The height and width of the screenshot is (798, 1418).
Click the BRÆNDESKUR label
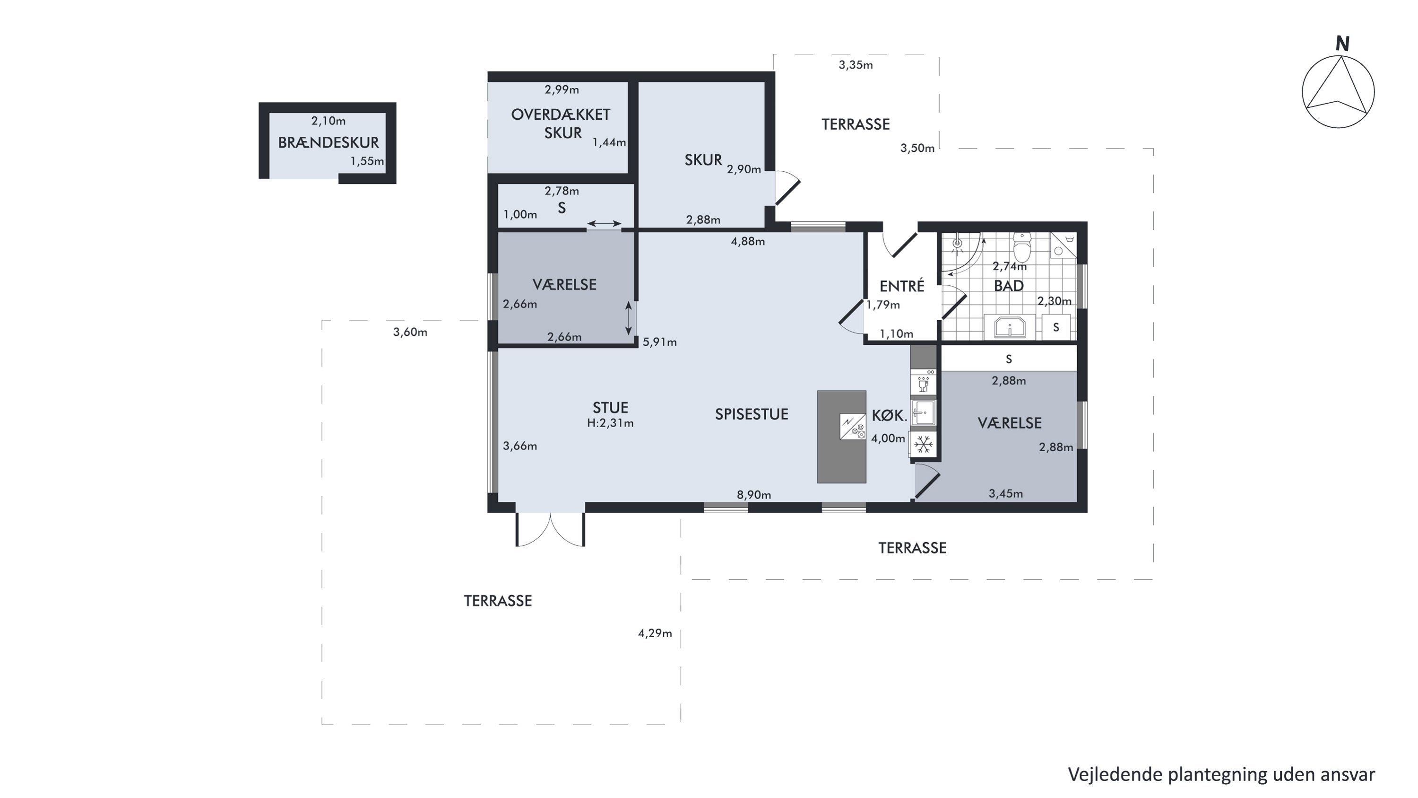point(328,143)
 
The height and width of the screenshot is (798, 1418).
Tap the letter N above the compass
point(1342,44)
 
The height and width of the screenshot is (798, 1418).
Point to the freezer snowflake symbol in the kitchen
point(924,443)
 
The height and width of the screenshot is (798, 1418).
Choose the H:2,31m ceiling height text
point(611,423)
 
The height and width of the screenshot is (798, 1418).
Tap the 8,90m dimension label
point(753,494)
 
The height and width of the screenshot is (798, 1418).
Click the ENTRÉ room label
point(902,286)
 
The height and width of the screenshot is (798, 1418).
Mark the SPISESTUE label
point(752,414)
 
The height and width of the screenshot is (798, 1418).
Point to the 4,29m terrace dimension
point(655,633)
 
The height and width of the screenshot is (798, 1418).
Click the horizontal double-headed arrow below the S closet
point(604,224)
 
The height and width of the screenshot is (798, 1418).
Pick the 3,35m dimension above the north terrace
point(856,65)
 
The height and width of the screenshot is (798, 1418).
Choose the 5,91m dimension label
point(659,342)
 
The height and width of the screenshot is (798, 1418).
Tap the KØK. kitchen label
point(889,416)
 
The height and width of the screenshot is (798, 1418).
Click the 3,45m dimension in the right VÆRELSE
point(1006,493)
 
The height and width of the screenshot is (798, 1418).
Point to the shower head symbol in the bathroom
point(957,244)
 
